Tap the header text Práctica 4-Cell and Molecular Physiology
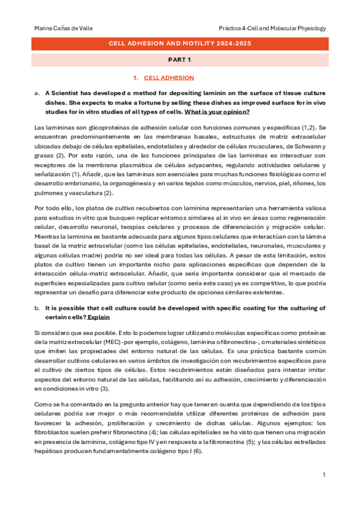(x=272, y=28)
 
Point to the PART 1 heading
(x=180, y=60)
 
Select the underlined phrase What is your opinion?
(x=217, y=112)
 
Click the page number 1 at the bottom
(x=324, y=475)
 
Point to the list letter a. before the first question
(x=37, y=93)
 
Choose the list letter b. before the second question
(x=37, y=308)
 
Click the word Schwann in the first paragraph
(x=308, y=147)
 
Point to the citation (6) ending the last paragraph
(x=198, y=452)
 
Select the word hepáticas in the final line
(x=48, y=452)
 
